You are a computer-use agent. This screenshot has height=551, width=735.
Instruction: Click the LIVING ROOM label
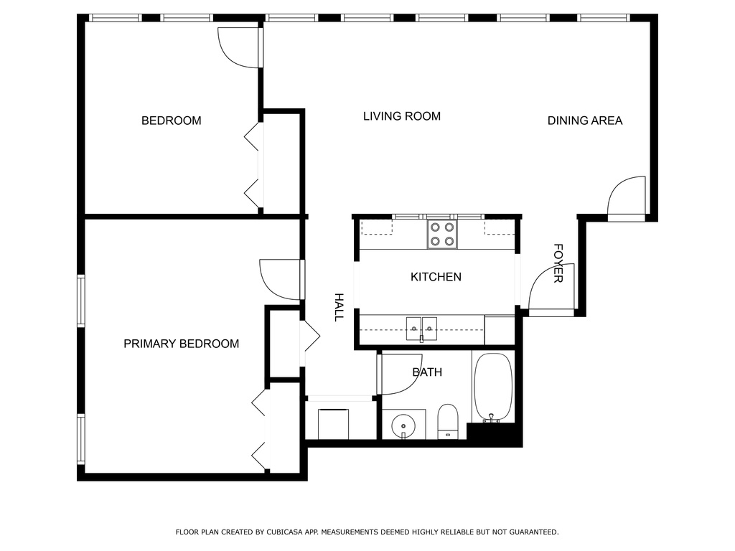tap(402, 116)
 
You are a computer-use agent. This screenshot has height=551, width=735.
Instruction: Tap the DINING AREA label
tap(585, 121)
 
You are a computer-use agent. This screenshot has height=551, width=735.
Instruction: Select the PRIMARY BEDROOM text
tap(182, 344)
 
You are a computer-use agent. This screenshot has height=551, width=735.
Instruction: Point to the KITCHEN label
tap(436, 277)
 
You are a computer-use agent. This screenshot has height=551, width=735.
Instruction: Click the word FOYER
tap(558, 263)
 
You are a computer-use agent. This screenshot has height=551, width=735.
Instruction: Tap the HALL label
tap(339, 307)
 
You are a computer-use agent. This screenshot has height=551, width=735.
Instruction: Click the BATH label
tap(427, 372)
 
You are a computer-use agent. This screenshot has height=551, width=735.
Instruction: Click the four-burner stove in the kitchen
tap(442, 235)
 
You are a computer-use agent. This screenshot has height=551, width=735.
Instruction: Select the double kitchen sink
tap(421, 329)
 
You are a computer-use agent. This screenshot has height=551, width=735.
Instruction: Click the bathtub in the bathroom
tap(492, 387)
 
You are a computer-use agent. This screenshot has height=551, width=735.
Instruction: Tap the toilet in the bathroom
tap(448, 421)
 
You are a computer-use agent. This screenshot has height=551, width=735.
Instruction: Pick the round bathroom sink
tap(403, 425)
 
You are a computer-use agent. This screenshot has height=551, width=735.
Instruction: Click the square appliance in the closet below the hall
tap(333, 424)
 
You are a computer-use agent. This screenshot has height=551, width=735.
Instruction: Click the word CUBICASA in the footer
tap(284, 532)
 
